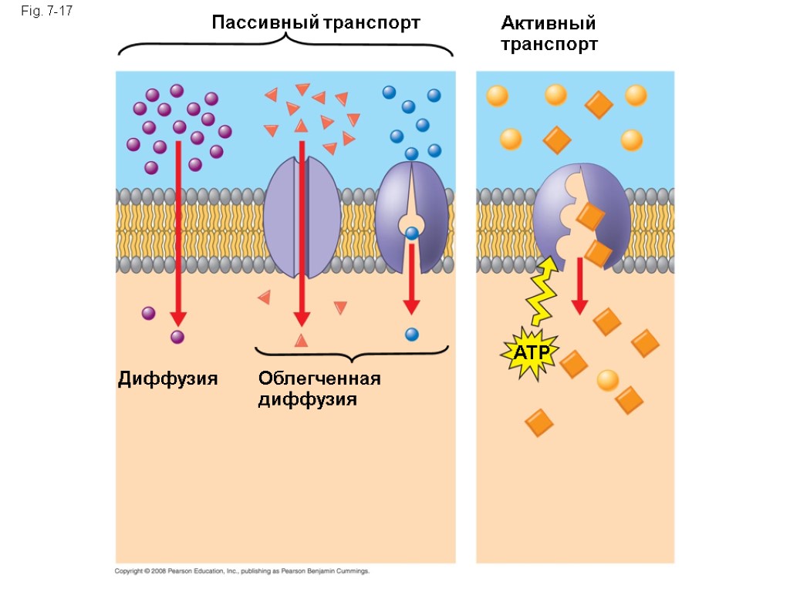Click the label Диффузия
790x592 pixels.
click(167, 378)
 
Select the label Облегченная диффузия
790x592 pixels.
click(319, 388)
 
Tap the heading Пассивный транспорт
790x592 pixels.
click(316, 22)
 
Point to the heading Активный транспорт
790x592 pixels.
click(549, 34)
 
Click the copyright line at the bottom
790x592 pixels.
click(242, 571)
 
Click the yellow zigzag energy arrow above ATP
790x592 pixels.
click(543, 291)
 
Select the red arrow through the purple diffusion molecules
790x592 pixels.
click(178, 231)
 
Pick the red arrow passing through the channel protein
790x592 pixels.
click(302, 231)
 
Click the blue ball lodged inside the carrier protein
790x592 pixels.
click(412, 232)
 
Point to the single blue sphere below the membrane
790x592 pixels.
click(412, 335)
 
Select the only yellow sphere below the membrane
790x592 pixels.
click(608, 380)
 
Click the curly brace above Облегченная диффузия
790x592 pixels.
click(352, 354)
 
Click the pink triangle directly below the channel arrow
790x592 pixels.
click(301, 340)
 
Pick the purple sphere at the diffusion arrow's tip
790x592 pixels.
click(178, 337)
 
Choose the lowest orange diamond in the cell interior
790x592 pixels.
click(538, 422)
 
